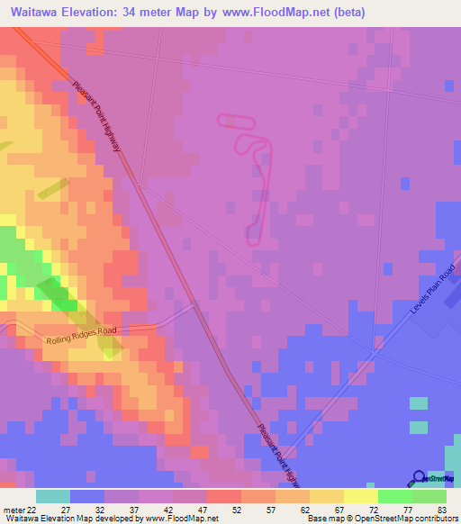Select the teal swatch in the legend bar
point(53,496)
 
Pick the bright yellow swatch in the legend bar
point(361,496)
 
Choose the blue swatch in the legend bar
point(87,496)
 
